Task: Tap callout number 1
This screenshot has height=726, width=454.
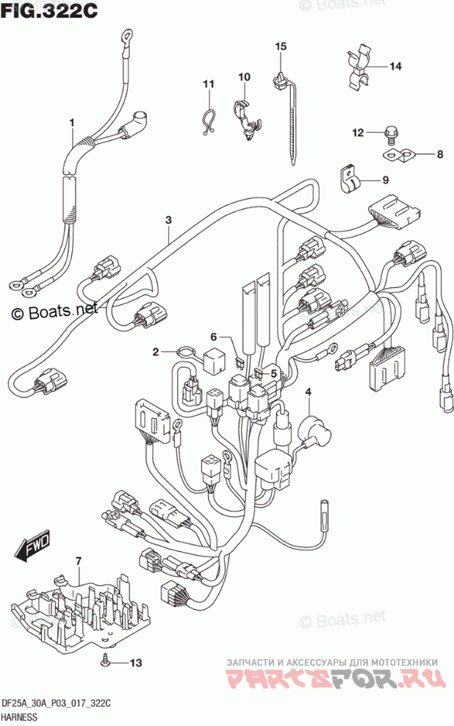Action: (72, 121)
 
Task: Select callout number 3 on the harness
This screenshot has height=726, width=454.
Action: (168, 220)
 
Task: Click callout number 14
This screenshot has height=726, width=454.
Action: (396, 67)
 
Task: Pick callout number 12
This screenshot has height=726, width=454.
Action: (358, 133)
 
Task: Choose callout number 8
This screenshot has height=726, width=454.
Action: (440, 154)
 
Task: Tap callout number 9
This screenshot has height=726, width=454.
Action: (385, 179)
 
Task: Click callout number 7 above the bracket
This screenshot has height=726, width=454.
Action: (79, 562)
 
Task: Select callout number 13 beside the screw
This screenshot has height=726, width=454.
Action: (134, 664)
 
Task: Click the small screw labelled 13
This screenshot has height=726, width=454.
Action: (107, 661)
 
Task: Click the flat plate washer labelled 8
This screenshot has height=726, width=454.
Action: (400, 155)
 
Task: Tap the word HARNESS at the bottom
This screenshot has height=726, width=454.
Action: (24, 718)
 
